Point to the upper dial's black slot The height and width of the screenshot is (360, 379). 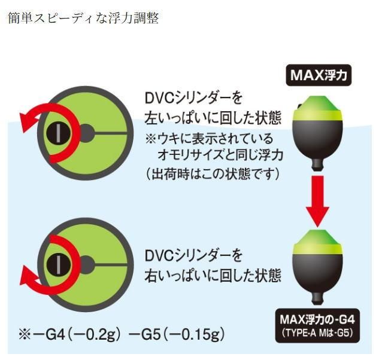pos(58,132)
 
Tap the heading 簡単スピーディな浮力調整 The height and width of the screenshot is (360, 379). pos(83,19)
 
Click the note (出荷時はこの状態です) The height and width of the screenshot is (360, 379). pos(213,173)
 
